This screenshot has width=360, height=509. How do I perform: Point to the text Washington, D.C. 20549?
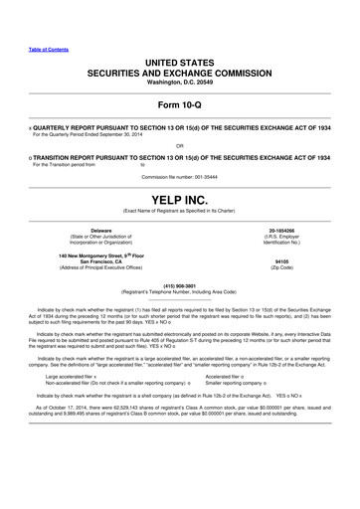coord(180,84)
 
